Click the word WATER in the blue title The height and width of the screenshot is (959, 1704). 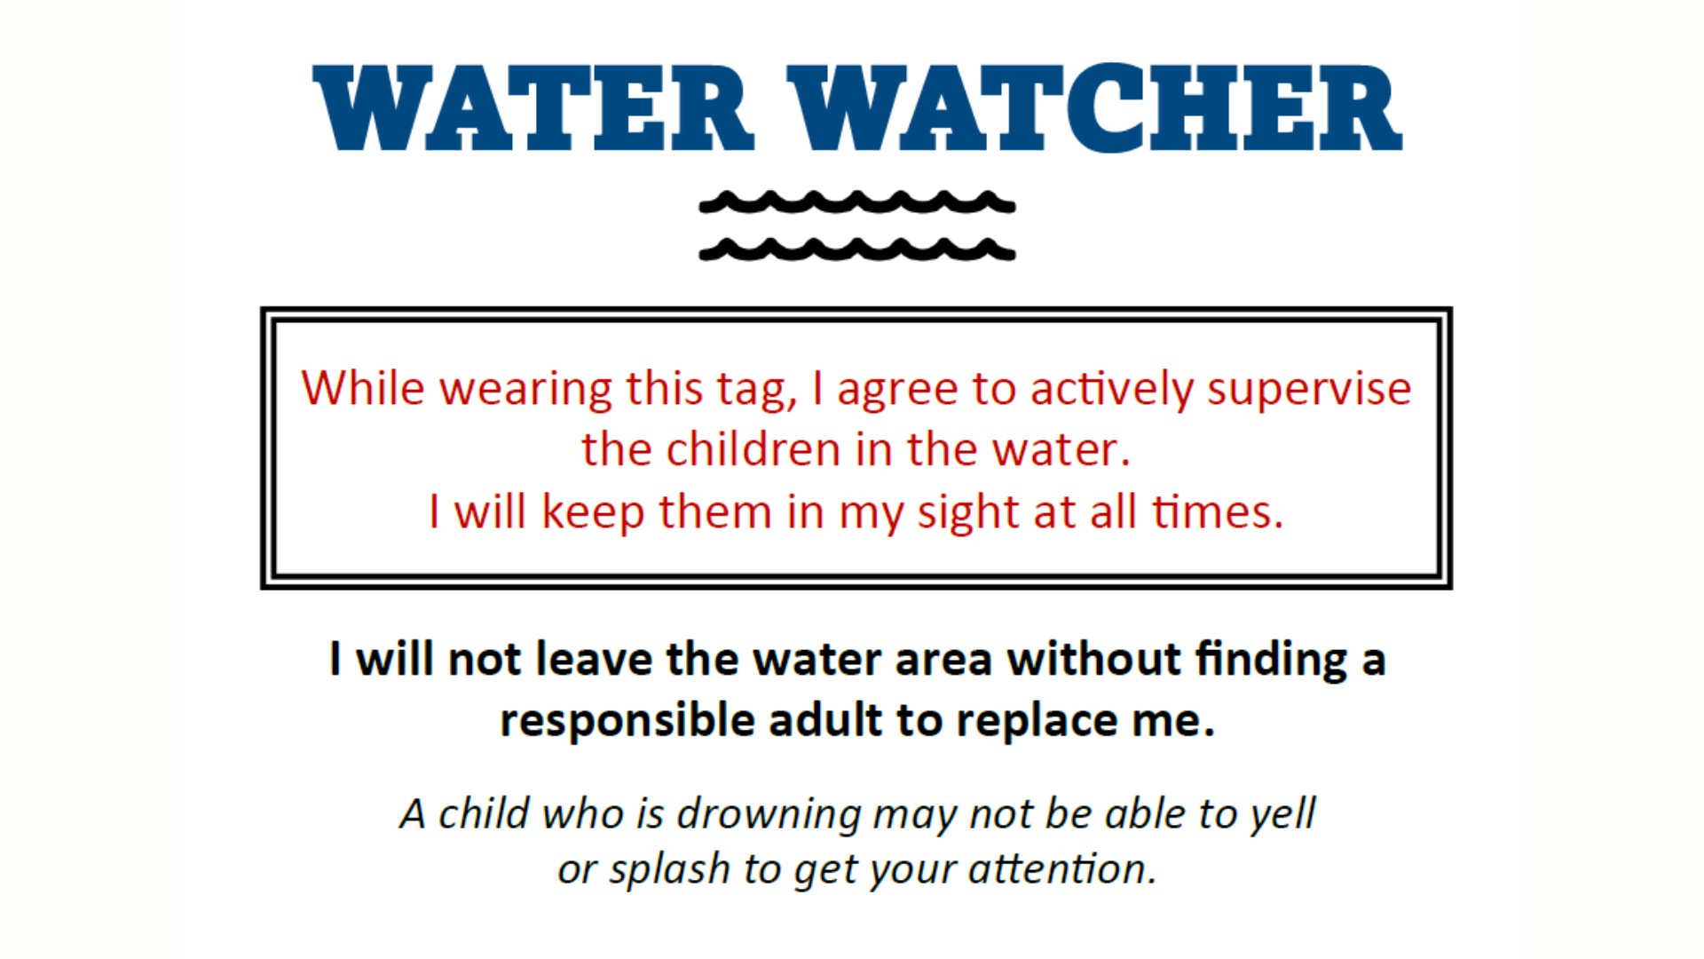(x=533, y=108)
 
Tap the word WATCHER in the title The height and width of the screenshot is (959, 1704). (x=1094, y=108)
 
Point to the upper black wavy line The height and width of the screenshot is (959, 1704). (x=857, y=203)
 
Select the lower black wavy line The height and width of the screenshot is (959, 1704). (x=857, y=250)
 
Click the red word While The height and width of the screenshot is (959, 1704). (x=363, y=388)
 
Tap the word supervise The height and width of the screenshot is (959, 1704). (x=1309, y=392)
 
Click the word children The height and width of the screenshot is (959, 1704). (x=753, y=448)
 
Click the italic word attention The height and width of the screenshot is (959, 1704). (x=1063, y=868)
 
